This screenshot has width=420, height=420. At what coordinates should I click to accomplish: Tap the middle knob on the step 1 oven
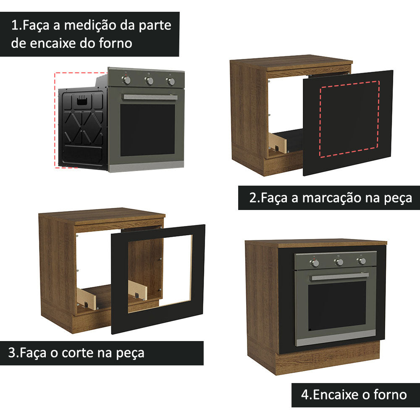point(149,81)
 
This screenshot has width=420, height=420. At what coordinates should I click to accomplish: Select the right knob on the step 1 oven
point(171,81)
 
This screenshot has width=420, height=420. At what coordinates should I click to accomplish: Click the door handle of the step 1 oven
point(150,97)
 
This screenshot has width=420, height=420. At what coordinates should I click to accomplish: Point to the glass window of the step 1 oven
point(147,129)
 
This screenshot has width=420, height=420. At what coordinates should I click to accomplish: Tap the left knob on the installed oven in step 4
point(315,263)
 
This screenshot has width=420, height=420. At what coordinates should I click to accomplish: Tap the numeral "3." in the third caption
point(13,352)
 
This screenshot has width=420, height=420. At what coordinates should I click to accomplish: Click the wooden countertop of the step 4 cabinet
point(315,243)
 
